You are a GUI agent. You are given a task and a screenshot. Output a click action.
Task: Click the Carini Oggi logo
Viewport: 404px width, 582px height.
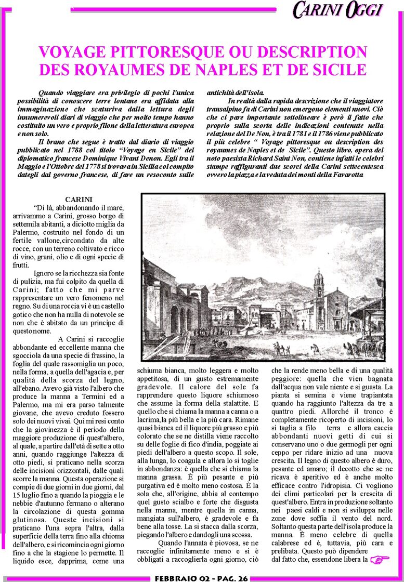click(338, 9)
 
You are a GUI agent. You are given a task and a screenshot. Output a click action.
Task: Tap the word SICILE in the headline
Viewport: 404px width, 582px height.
click(338, 69)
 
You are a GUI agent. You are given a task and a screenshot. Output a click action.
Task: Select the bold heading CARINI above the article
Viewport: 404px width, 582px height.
click(79, 200)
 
